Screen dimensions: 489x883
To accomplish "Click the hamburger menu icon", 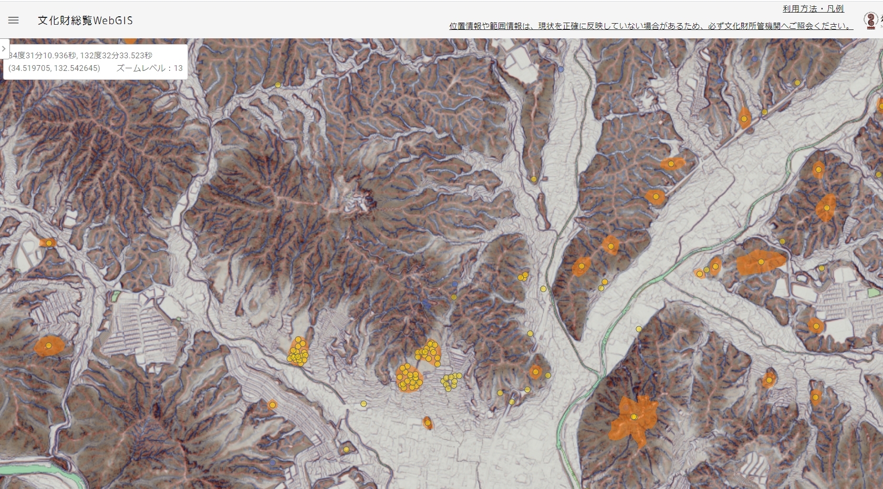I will tap(14, 20).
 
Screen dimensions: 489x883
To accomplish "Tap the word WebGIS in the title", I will tap(113, 20).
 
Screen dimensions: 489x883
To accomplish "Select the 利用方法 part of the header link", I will tap(799, 8).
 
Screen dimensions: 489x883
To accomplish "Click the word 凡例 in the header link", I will tap(835, 8).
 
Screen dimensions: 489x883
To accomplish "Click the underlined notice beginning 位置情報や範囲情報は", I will tap(650, 26).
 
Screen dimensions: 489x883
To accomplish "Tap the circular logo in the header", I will tap(871, 20).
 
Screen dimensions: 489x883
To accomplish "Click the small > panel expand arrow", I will tap(4, 49).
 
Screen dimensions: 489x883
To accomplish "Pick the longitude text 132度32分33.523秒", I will tap(116, 55).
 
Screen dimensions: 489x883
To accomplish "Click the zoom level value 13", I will tap(178, 68).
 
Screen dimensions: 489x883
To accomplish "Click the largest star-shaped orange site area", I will tap(633, 417).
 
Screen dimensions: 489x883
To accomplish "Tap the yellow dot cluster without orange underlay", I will tap(451, 381).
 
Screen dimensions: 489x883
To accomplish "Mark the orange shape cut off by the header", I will tap(130, 40).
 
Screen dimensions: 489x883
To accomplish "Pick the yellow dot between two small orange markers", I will tap(707, 270).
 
